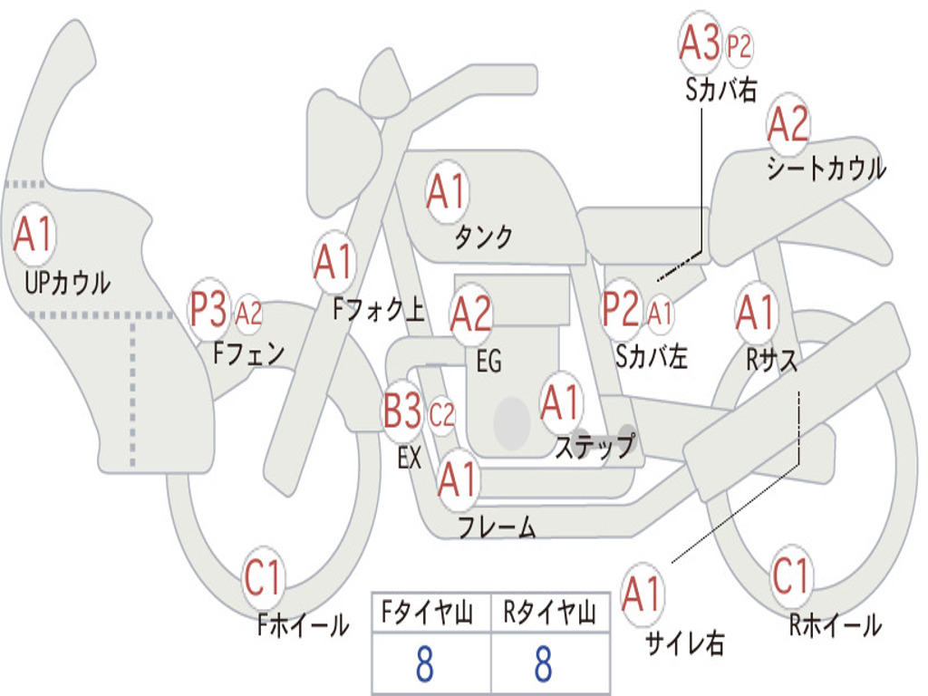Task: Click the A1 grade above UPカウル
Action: [34, 235]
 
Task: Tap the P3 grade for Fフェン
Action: [208, 309]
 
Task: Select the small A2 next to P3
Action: [248, 313]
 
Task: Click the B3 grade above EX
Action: [402, 411]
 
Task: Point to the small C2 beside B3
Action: [441, 415]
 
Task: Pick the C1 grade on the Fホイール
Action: [262, 577]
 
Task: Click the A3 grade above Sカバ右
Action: [699, 43]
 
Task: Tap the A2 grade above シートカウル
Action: [788, 123]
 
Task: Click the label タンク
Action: [483, 237]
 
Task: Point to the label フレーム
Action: [498, 527]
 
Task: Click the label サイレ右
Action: [685, 643]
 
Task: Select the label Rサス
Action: [771, 359]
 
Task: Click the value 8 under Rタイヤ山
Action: [544, 662]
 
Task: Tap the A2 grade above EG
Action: [470, 313]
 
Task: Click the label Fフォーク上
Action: [379, 309]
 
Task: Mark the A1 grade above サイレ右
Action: [642, 594]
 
